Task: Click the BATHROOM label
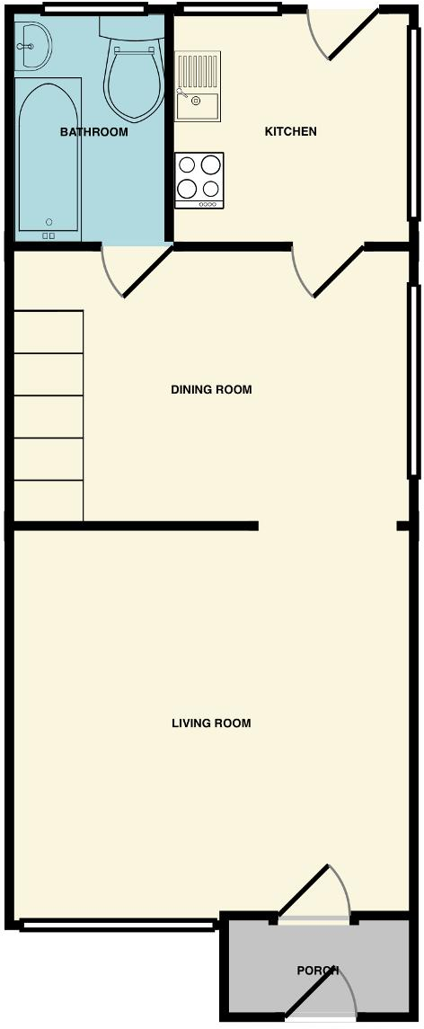point(93,132)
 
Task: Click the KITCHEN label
point(290,132)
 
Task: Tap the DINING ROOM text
point(211,390)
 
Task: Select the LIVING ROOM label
point(211,723)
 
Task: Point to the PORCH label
point(318,971)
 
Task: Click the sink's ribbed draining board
point(199,70)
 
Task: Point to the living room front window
point(118,924)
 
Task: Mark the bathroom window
point(93,9)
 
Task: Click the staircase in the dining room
point(49,415)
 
